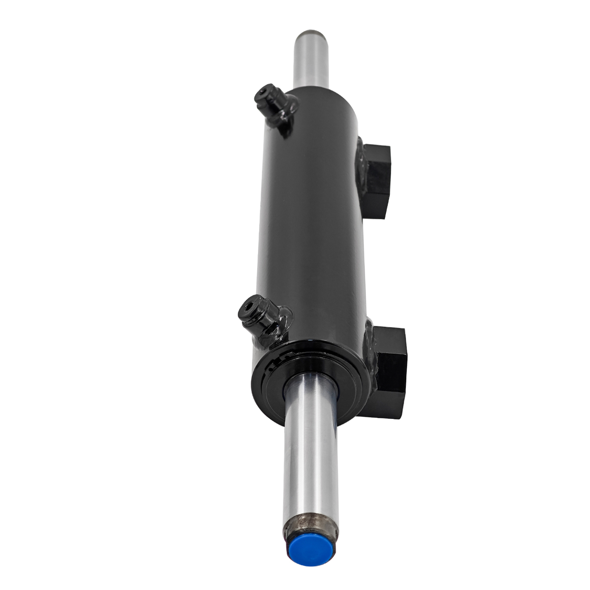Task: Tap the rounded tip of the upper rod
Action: (311, 34)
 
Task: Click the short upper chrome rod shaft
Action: (311, 61)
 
